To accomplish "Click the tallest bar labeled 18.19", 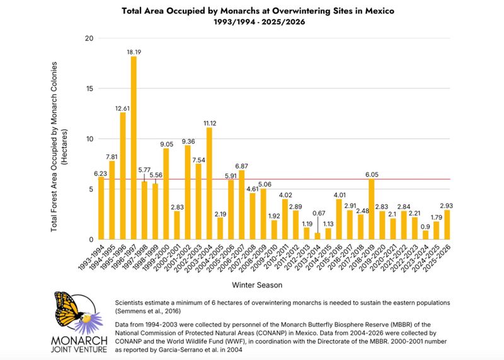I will tap(134, 148).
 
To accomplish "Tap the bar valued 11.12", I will tap(209, 183).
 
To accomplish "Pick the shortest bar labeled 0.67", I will tap(317, 236).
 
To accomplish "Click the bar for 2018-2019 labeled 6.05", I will tap(371, 209).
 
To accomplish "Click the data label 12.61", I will tap(123, 107).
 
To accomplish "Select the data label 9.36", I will tap(188, 141).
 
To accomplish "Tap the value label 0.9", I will tap(425, 226).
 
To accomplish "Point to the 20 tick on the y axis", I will tap(89, 38).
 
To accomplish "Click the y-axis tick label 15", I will tap(89, 89).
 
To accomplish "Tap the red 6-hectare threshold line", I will tap(283, 179).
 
